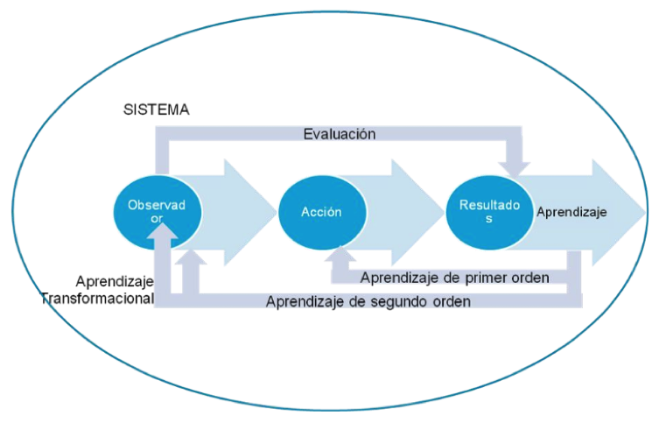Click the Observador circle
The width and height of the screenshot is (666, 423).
[x=158, y=212]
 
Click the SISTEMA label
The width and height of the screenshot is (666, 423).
[x=157, y=109]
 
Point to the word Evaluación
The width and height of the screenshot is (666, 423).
[x=340, y=134]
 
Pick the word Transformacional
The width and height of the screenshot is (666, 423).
[x=97, y=298]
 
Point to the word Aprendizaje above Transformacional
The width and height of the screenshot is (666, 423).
[x=115, y=281]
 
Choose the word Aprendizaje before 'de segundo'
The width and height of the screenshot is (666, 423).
[x=304, y=302]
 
